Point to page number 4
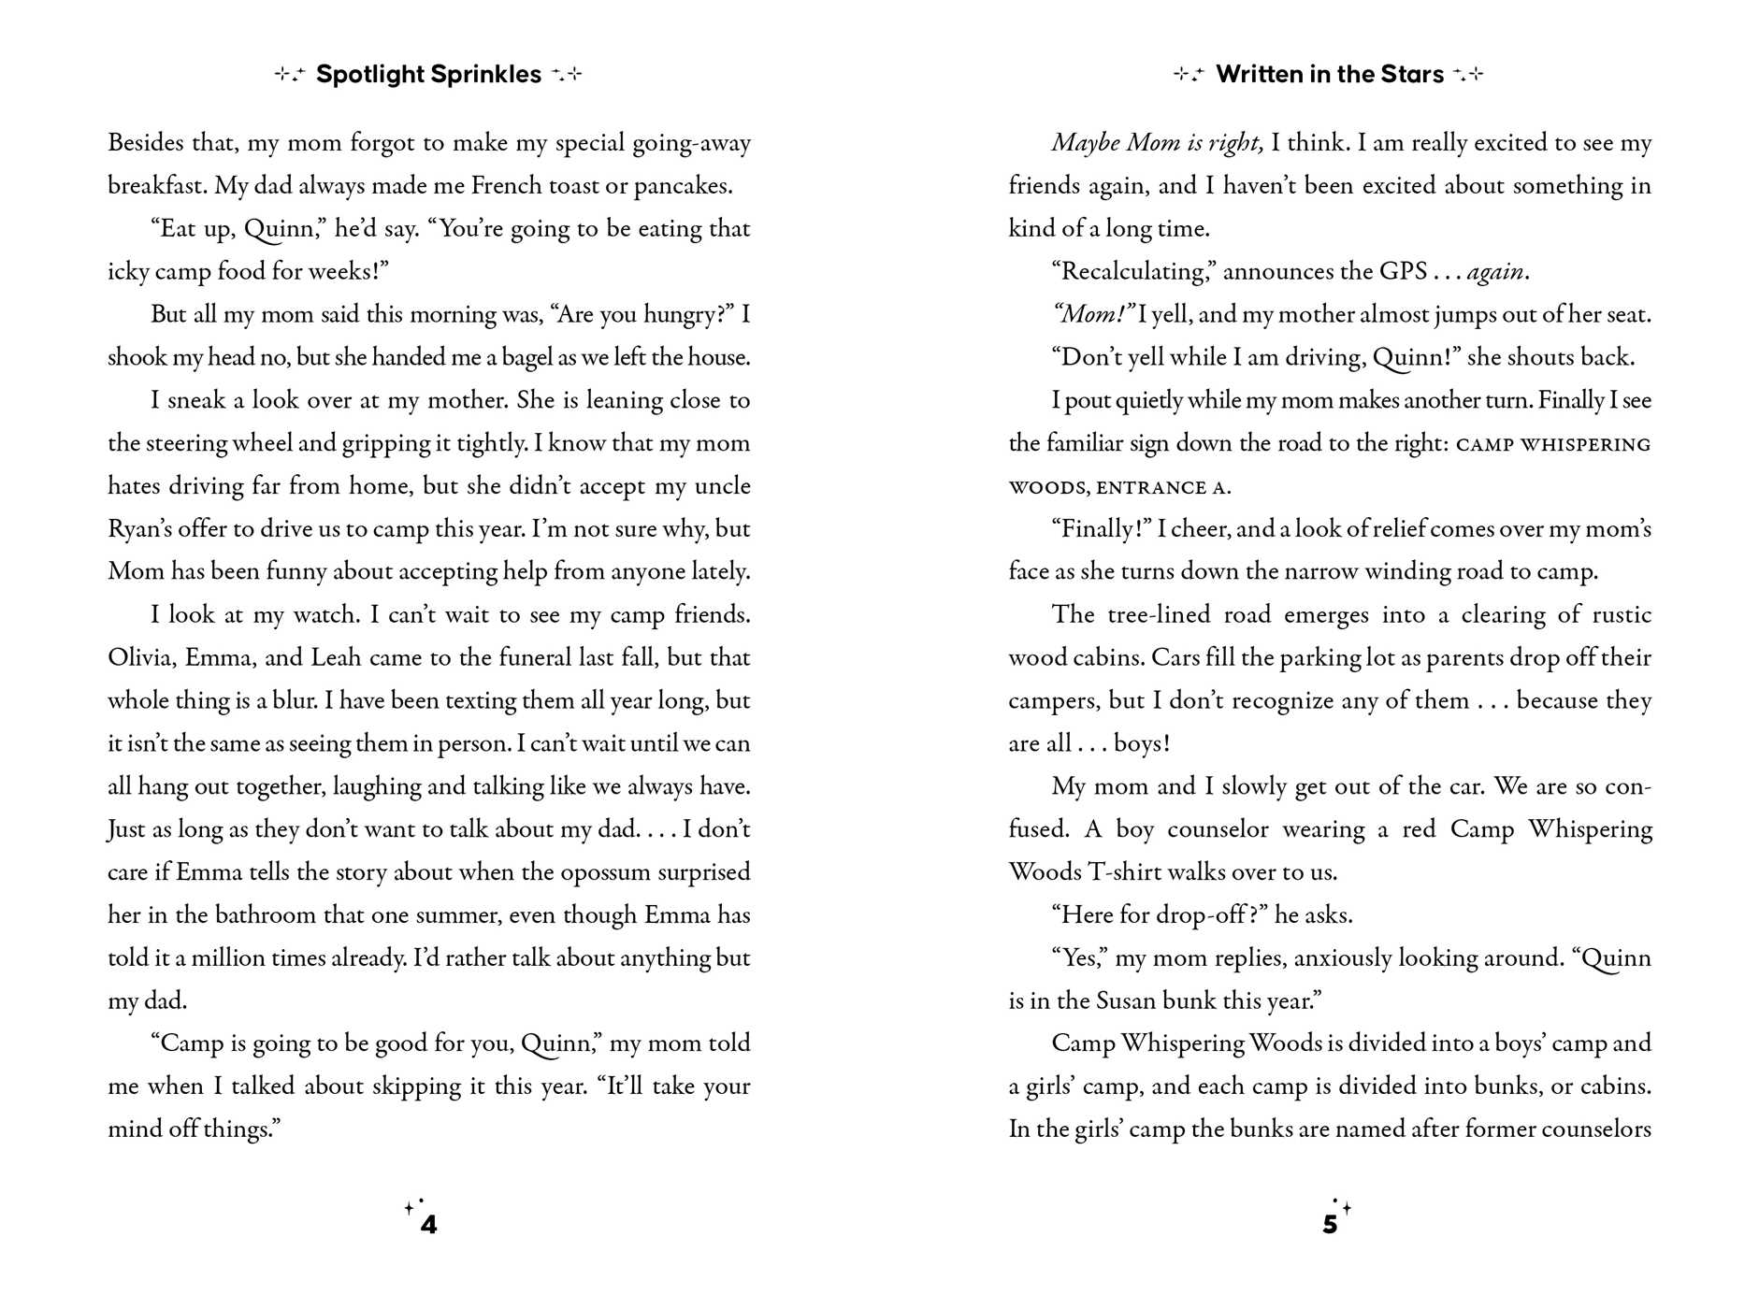pyautogui.click(x=428, y=1225)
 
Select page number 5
pyautogui.click(x=1330, y=1225)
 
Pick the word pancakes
pyautogui.click(x=683, y=186)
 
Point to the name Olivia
pyautogui.click(x=141, y=657)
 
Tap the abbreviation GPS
pyautogui.click(x=1403, y=272)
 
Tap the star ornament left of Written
pyautogui.click(x=1188, y=75)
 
